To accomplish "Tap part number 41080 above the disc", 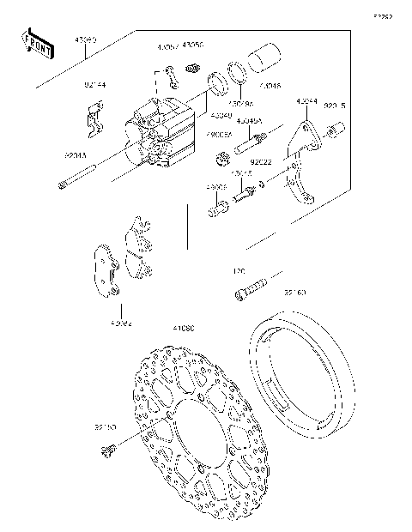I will click(x=184, y=328).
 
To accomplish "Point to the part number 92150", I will click(x=106, y=426).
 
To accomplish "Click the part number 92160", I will click(x=296, y=292).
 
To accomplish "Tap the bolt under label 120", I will click(x=251, y=289).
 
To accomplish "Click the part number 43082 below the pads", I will click(x=121, y=323).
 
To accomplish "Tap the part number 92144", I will click(x=95, y=86).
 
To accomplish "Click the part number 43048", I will click(x=269, y=87).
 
